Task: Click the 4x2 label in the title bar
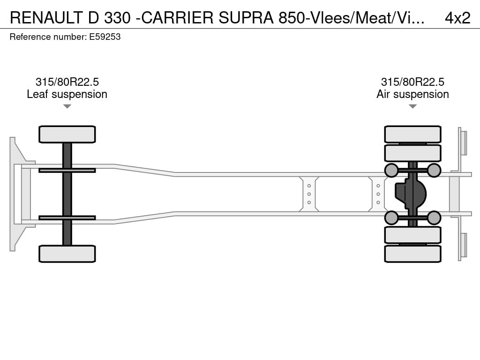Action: tap(457, 17)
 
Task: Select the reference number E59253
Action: tap(105, 37)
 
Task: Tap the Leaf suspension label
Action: tap(67, 94)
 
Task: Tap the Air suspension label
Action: tap(412, 94)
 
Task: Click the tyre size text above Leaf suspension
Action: tap(67, 82)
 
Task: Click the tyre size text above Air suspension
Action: tap(412, 82)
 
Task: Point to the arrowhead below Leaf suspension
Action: tap(67, 106)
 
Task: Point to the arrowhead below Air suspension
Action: tap(412, 106)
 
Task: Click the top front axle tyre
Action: tap(67, 135)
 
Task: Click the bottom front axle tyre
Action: tap(67, 254)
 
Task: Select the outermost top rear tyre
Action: tap(412, 134)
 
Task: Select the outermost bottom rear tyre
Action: tap(412, 254)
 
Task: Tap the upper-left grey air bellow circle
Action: tap(391, 170)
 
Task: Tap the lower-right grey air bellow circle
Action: tap(434, 217)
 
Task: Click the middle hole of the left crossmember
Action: tap(309, 194)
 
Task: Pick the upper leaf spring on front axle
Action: tap(67, 170)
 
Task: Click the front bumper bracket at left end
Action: tap(18, 194)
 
